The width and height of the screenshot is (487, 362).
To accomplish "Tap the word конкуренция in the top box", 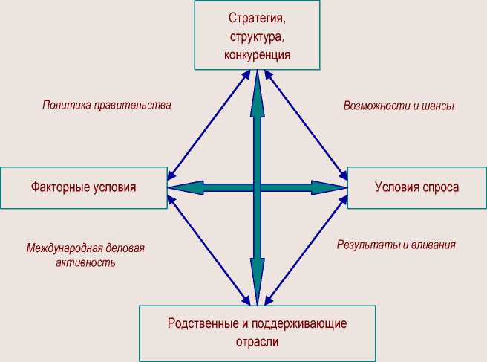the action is (257, 54).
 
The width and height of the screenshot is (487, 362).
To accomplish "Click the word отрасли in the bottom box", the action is (257, 343).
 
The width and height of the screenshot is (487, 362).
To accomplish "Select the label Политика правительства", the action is (106, 105).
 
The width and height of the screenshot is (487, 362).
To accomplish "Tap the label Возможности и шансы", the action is (399, 106).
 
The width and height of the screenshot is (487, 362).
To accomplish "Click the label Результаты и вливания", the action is (396, 244).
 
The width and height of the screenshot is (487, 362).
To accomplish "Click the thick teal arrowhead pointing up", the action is (257, 88).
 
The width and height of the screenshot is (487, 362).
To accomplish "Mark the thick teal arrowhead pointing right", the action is (330, 187).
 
